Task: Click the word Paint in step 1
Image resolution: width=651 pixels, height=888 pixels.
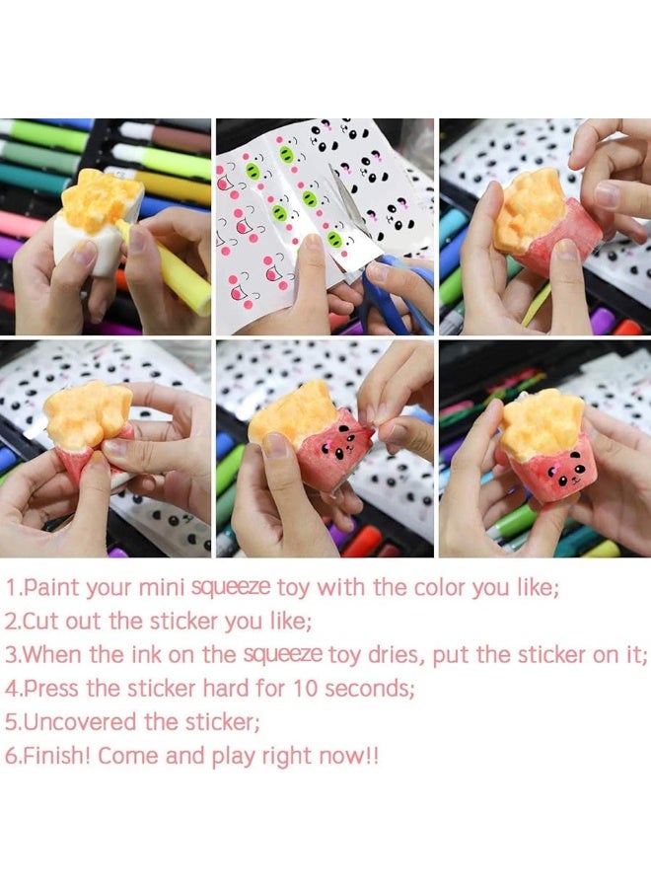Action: tap(50, 588)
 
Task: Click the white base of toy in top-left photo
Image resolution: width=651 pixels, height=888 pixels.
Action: tap(84, 247)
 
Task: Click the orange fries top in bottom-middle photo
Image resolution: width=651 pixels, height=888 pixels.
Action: tap(291, 409)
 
